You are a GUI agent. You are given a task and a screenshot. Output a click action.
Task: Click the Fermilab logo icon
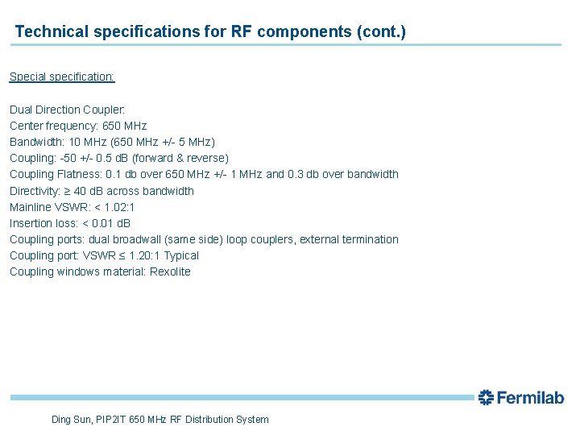[x=485, y=397]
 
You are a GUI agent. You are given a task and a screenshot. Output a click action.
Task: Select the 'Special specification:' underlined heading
[x=62, y=77]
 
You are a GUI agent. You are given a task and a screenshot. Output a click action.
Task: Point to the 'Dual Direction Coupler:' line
[x=68, y=110]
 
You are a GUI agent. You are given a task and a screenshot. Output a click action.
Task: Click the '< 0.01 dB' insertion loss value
[x=106, y=223]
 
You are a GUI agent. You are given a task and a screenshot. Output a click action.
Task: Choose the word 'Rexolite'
[x=170, y=271]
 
